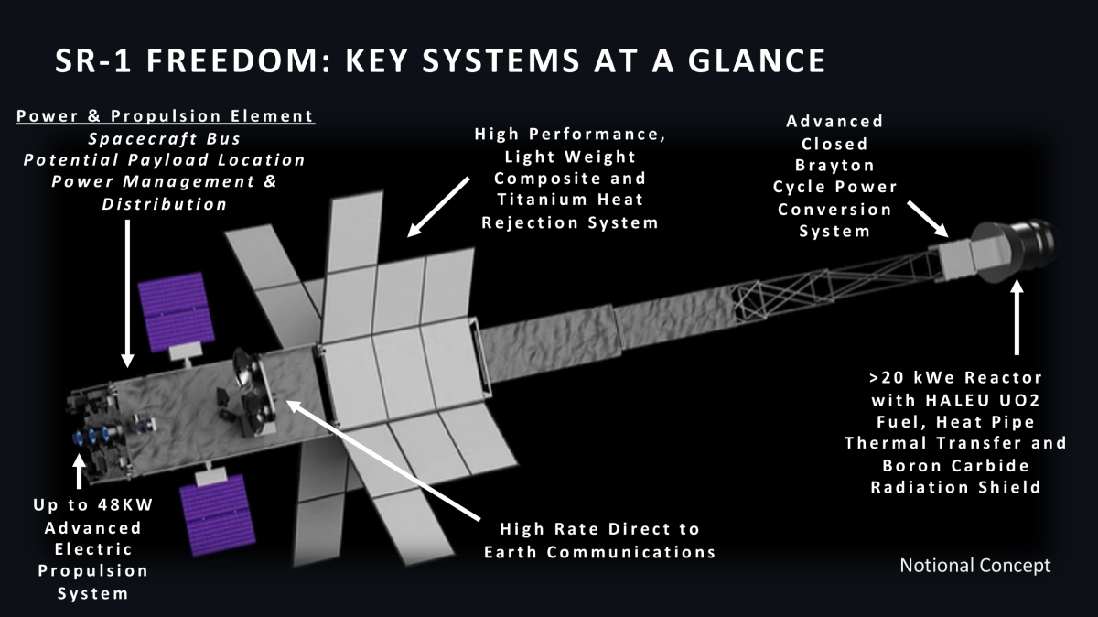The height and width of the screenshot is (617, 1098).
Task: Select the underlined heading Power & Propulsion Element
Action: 165,116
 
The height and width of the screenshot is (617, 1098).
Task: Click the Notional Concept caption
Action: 975,566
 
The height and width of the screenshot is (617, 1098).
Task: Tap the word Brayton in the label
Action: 834,166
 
